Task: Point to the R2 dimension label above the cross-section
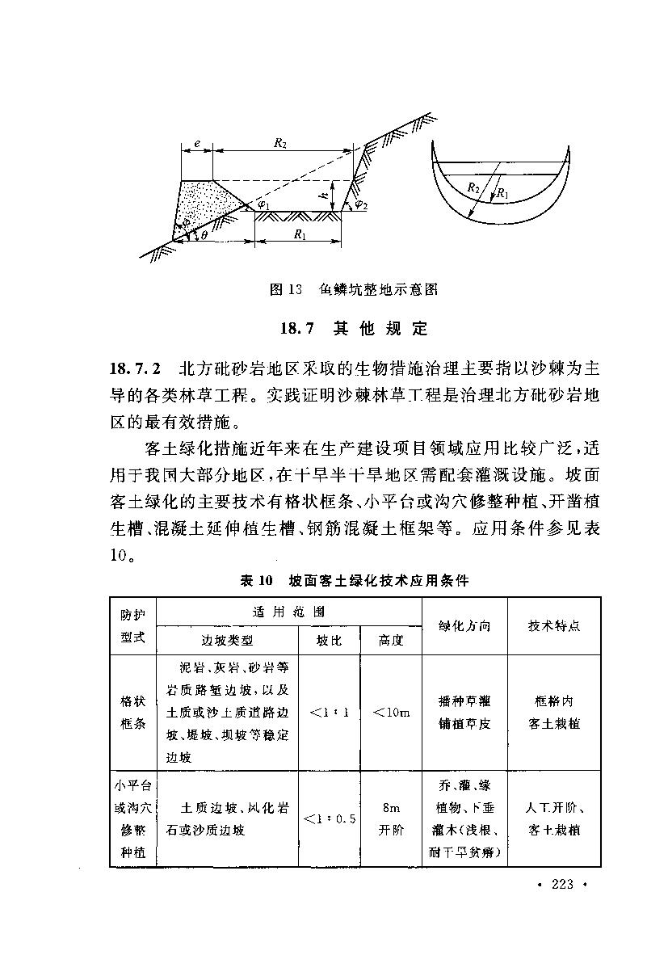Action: pos(279,142)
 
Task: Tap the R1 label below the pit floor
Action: pos(300,235)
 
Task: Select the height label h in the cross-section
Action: pos(321,195)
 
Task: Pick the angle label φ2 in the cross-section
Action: pos(361,204)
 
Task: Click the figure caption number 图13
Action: pos(284,288)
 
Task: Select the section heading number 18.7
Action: pos(296,328)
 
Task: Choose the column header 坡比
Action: pos(329,640)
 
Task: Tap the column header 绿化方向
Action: pos(464,625)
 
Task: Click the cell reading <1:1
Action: pos(329,712)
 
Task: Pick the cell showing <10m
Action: pos(391,712)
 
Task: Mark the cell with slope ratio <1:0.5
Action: pos(329,818)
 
